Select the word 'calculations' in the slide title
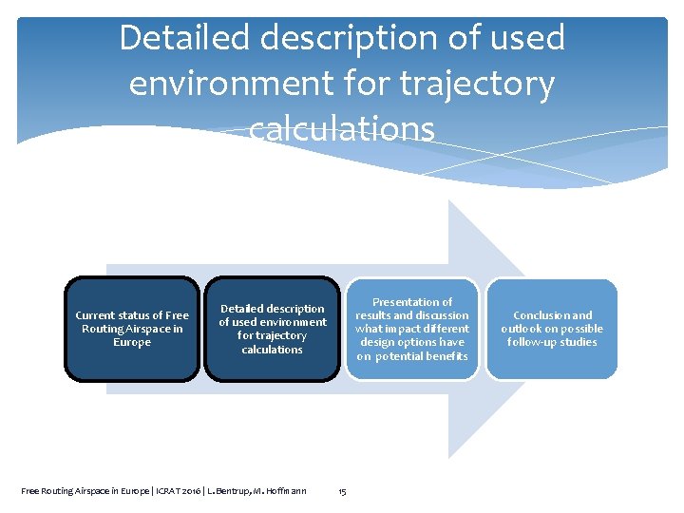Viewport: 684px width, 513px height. pos(342,127)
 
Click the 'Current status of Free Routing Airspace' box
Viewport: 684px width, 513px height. pos(132,329)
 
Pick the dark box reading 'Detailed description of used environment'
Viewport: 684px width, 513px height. pos(272,329)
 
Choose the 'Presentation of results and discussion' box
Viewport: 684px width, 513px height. pos(411,329)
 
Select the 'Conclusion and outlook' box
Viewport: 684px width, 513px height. pos(552,329)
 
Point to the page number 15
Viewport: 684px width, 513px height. pos(342,491)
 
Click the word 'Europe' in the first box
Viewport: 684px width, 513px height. pos(132,343)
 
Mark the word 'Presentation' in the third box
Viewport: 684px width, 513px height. pos(412,302)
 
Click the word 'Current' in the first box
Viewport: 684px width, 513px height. pos(95,315)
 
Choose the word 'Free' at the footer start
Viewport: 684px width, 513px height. pos(30,491)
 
